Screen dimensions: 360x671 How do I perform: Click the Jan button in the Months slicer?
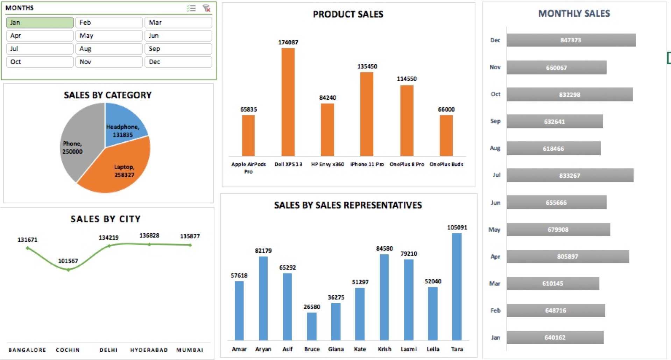[40, 22]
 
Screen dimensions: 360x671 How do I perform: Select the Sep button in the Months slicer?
[178, 49]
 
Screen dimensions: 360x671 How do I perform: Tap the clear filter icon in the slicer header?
[206, 8]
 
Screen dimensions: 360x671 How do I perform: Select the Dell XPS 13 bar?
[288, 101]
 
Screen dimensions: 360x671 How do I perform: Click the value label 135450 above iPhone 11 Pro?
[367, 66]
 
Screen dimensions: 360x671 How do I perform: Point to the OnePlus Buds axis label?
[446, 164]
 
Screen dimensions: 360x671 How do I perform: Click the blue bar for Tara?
[457, 287]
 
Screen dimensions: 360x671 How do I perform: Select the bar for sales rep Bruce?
[312, 326]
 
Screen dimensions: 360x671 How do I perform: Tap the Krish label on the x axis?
[384, 349]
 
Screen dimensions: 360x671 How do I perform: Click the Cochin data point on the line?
[69, 270]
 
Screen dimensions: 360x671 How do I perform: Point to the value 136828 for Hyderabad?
[149, 235]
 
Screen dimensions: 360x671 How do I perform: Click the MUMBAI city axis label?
[190, 350]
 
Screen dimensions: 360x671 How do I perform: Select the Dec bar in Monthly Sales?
[571, 40]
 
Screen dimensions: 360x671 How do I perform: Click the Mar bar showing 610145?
[553, 283]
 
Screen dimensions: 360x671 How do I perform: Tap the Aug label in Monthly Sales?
[495, 148]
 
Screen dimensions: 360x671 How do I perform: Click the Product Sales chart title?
[348, 14]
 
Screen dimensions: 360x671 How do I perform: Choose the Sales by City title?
[105, 219]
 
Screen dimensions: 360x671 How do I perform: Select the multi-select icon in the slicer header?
[191, 8]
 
